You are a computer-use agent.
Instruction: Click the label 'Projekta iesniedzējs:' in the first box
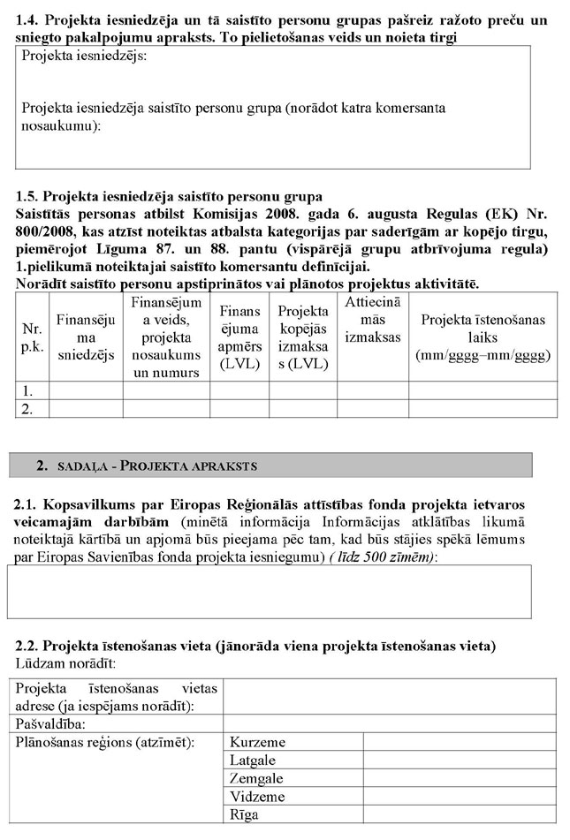point(85,56)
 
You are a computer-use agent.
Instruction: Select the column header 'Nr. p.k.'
point(32,337)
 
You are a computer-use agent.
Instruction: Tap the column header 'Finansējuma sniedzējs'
point(86,337)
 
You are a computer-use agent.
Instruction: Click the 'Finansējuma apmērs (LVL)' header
point(239,337)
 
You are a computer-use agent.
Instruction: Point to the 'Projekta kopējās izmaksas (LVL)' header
point(303,337)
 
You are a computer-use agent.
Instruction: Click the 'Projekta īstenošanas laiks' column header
point(483,337)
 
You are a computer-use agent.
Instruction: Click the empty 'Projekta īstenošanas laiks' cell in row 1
point(483,390)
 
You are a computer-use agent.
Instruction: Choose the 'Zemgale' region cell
point(256,778)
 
